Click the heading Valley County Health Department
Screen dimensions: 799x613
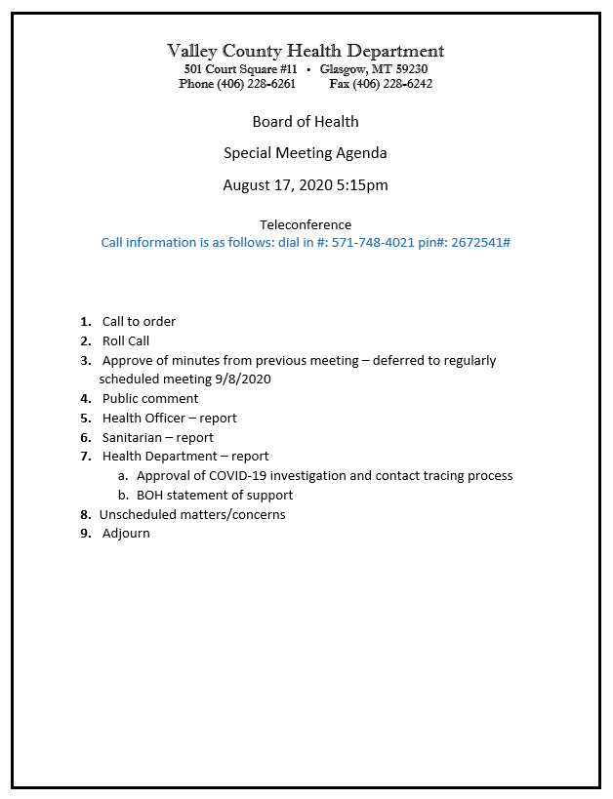(306, 51)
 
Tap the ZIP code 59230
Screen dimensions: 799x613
(408, 69)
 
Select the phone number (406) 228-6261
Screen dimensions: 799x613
(256, 84)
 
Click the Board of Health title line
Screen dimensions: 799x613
(306, 122)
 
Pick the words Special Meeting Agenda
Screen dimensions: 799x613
(306, 153)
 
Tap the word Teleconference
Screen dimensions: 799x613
(306, 224)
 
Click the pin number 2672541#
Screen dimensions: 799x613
(481, 242)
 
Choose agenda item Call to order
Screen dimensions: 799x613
(139, 322)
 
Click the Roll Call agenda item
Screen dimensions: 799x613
(126, 341)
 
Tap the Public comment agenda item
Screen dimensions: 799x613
(150, 398)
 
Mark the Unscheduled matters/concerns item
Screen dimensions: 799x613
(192, 514)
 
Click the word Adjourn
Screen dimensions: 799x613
(126, 534)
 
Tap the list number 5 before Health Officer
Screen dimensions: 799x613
(85, 418)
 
